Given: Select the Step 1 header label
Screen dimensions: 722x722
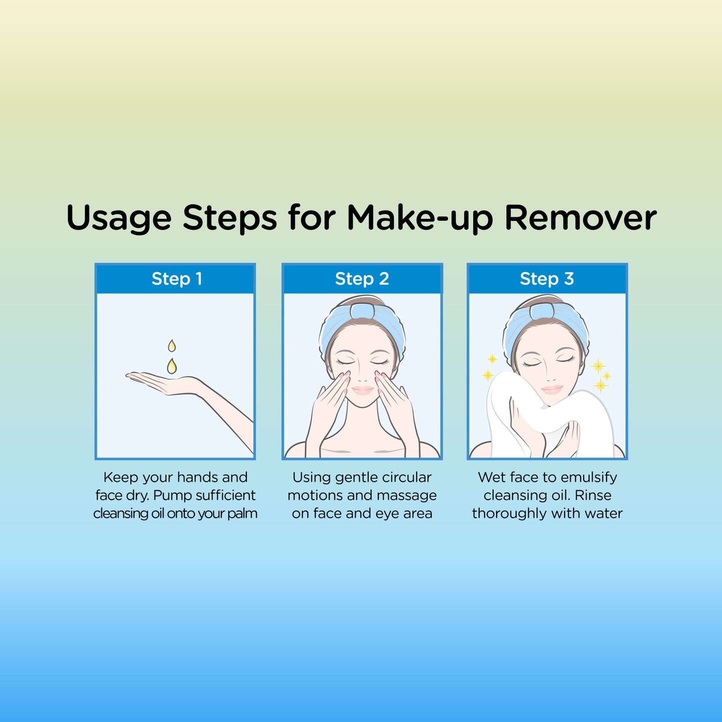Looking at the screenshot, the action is [177, 279].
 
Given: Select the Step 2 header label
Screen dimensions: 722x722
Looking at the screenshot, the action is [362, 279].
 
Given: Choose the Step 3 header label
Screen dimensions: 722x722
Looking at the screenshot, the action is [547, 279].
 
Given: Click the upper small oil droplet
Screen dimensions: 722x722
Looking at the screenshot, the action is [171, 346].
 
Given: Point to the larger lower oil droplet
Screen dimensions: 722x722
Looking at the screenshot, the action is [171, 366].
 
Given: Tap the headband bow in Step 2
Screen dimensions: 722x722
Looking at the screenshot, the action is [362, 311].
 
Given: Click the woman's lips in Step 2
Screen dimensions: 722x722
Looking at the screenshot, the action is [362, 390].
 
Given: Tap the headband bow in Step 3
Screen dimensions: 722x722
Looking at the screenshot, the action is [543, 311].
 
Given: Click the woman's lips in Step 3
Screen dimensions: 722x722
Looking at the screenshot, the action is [552, 389].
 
